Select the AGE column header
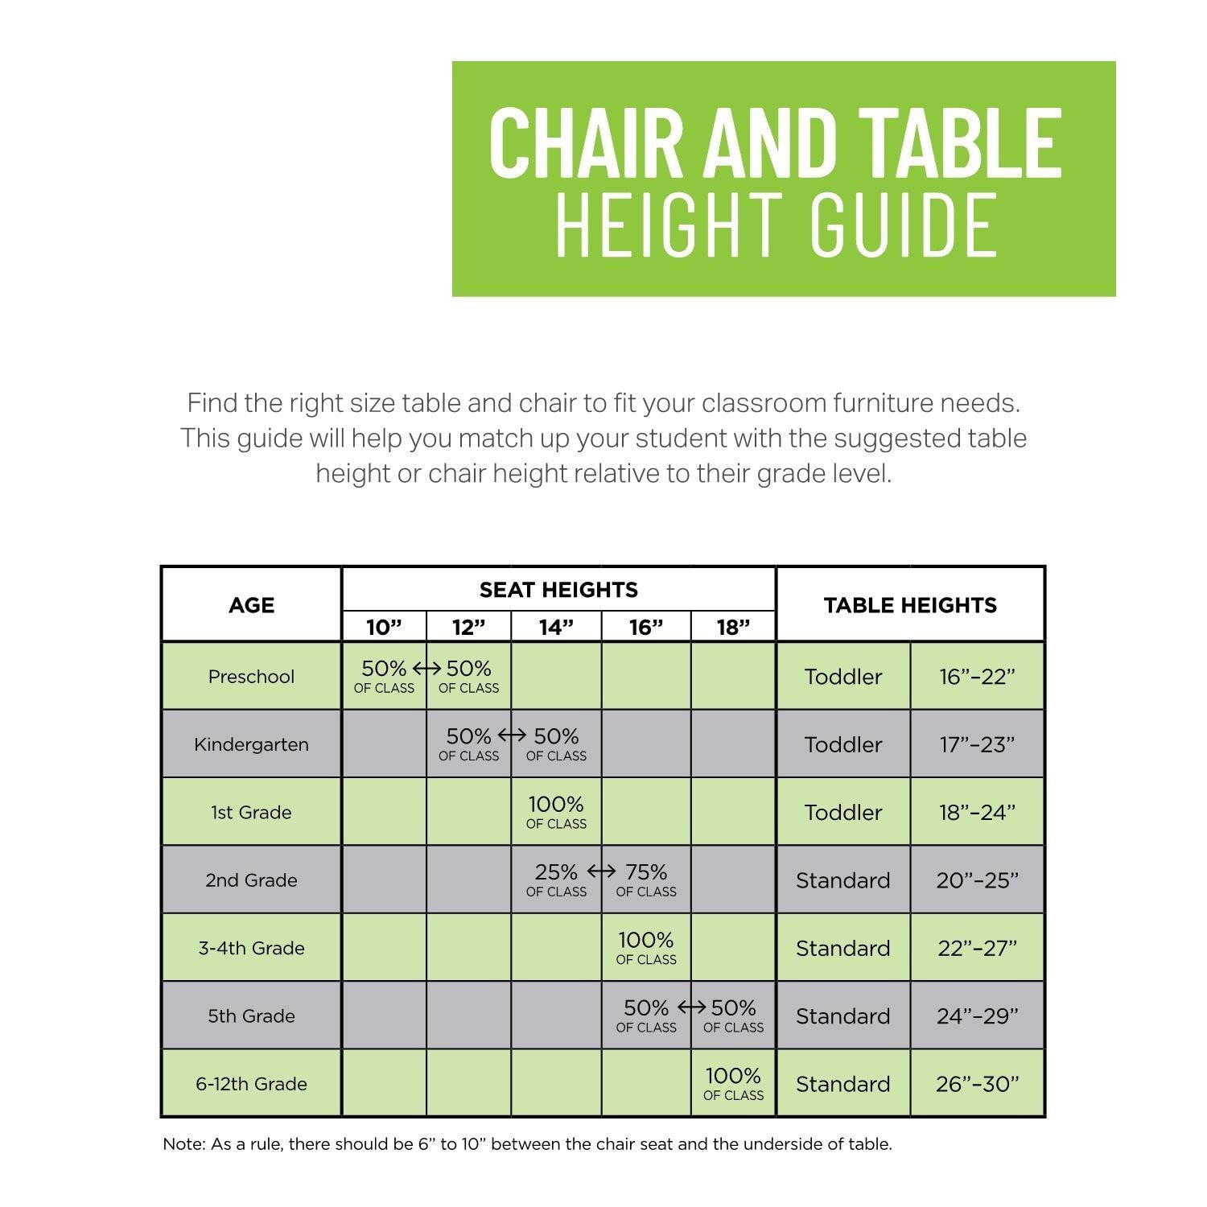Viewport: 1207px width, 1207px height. click(x=251, y=605)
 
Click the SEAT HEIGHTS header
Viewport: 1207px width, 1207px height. click(x=558, y=590)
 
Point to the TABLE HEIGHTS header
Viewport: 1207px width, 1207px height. click(x=910, y=605)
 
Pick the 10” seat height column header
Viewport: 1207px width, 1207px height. click(x=384, y=628)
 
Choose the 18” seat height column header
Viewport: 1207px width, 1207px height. click(x=733, y=628)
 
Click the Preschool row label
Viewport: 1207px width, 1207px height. click(x=251, y=677)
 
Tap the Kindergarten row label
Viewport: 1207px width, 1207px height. click(x=251, y=744)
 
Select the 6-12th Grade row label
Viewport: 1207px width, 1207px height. click(x=251, y=1084)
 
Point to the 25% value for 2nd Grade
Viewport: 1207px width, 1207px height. click(x=556, y=872)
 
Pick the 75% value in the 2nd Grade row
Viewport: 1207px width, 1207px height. click(x=646, y=872)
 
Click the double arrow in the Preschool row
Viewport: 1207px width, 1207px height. click(x=426, y=669)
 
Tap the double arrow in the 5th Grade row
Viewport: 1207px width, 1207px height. click(x=691, y=1007)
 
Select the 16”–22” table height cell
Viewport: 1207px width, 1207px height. click(x=977, y=677)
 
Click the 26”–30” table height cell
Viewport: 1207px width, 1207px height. click(x=977, y=1084)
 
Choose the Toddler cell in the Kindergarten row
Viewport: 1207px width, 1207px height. click(x=843, y=744)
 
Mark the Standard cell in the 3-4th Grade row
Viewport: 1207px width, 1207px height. click(x=843, y=948)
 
